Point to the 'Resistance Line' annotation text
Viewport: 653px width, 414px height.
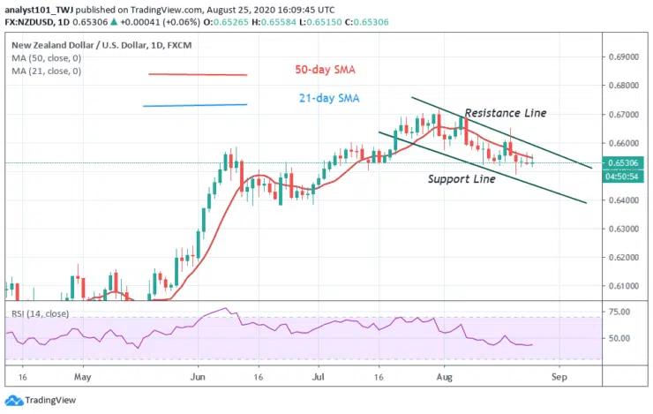(506, 113)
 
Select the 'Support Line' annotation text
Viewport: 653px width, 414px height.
(462, 178)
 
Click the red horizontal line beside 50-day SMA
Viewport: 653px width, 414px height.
(197, 74)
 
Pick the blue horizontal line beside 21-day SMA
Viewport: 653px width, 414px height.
(194, 106)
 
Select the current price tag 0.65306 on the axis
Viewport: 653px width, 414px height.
(625, 163)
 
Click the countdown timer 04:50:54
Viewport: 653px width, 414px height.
(625, 177)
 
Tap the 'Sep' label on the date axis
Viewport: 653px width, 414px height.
(557, 375)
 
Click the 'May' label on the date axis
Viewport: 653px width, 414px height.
(82, 375)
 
